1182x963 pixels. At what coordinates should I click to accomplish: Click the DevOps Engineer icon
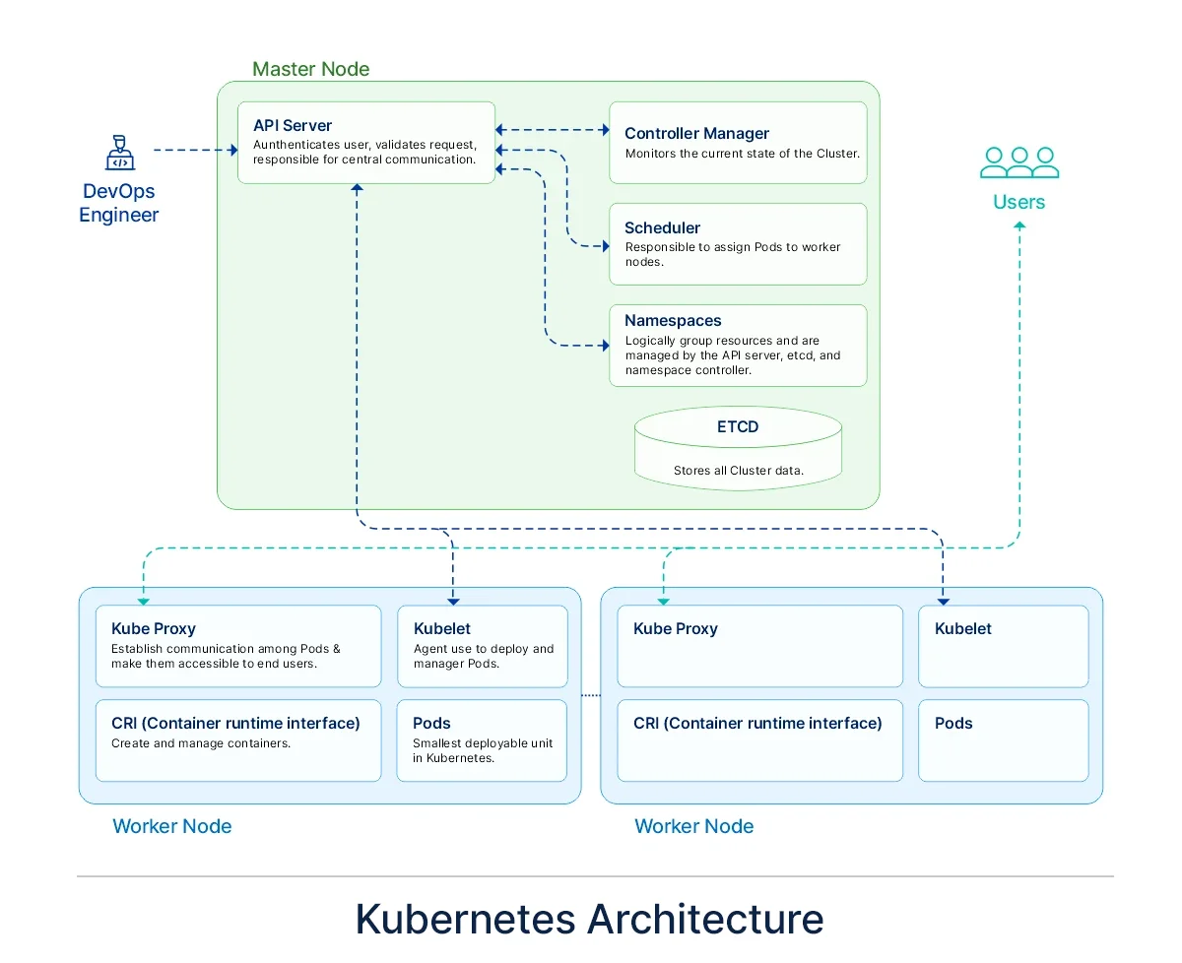click(x=119, y=154)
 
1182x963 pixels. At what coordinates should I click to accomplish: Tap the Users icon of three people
click(x=1019, y=162)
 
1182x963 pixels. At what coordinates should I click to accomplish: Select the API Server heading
click(x=293, y=125)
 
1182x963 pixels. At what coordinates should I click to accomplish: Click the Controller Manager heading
click(x=696, y=133)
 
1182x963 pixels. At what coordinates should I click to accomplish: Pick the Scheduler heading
click(x=662, y=227)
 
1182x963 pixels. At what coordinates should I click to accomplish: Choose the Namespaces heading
click(x=673, y=320)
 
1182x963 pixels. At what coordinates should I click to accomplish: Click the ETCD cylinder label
click(x=738, y=427)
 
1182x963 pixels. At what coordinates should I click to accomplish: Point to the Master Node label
click(x=310, y=69)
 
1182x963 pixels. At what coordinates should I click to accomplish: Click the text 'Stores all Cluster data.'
click(x=738, y=471)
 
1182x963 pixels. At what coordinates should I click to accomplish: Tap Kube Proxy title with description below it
click(x=154, y=628)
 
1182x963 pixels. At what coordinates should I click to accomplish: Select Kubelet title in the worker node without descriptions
click(x=962, y=628)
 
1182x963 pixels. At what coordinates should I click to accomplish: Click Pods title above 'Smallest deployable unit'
click(x=431, y=723)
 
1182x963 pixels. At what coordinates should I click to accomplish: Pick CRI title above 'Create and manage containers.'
click(x=235, y=723)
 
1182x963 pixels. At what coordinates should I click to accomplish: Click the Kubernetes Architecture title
click(x=589, y=919)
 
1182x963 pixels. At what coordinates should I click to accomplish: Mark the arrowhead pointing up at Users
click(x=1019, y=225)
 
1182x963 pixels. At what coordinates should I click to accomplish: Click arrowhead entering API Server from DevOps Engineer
click(x=233, y=151)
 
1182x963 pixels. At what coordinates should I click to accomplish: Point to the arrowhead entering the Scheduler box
click(x=605, y=246)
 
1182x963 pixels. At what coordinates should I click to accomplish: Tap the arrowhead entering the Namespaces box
click(x=605, y=346)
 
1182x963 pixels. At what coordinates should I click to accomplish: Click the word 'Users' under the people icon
click(x=1019, y=202)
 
